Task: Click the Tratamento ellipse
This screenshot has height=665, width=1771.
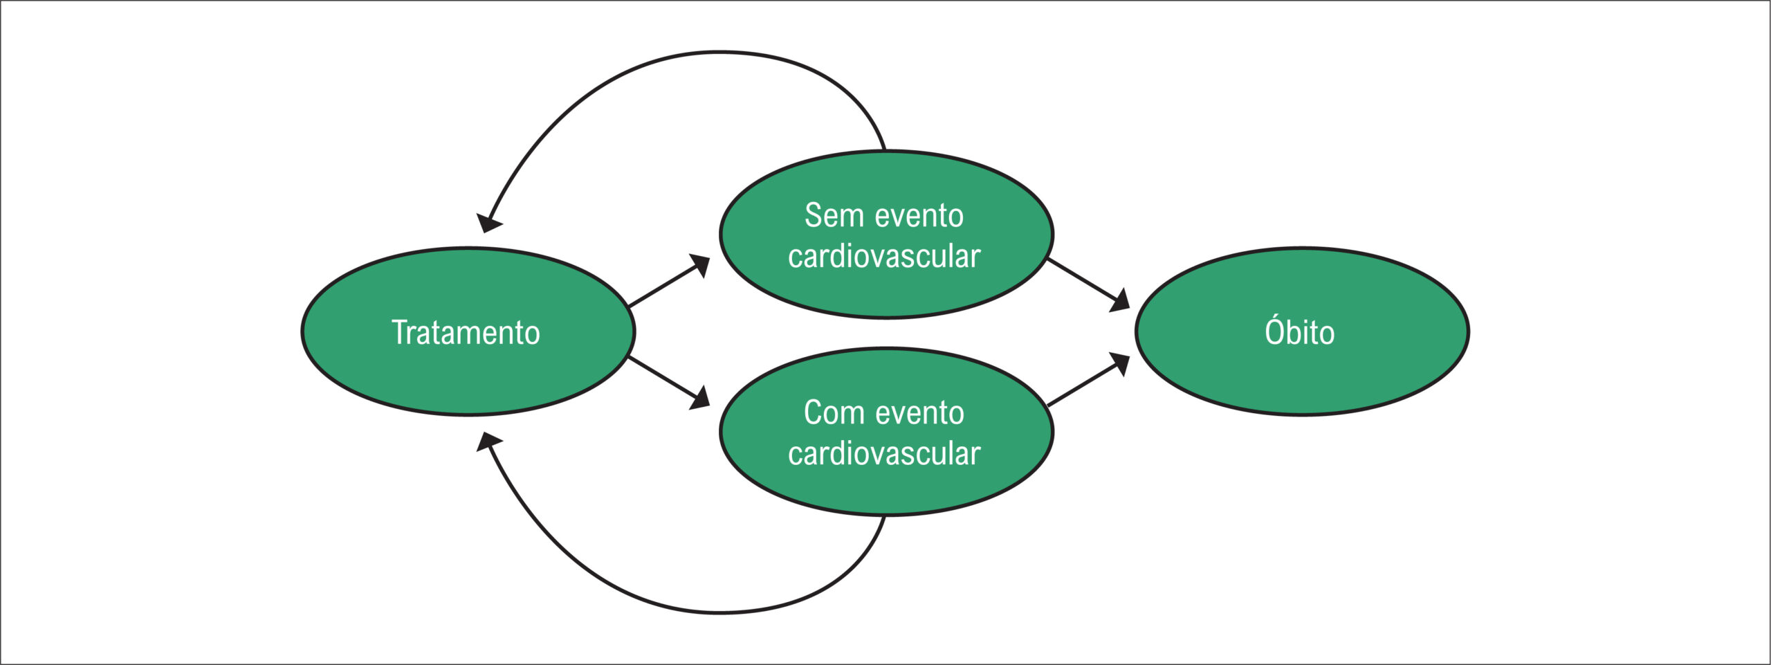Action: tap(468, 331)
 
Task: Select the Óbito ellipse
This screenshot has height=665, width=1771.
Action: tap(1302, 331)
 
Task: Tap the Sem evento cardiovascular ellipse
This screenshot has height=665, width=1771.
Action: tap(886, 235)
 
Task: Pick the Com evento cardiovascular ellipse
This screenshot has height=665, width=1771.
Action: tap(886, 432)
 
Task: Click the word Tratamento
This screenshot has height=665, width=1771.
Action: tap(466, 332)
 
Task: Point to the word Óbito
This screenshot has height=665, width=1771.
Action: tap(1300, 331)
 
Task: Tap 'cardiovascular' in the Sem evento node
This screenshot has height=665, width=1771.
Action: tap(884, 256)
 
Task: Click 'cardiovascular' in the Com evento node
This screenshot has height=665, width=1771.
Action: tap(884, 453)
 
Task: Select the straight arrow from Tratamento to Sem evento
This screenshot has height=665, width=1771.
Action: tap(669, 280)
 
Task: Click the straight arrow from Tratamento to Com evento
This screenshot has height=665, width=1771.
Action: tap(669, 383)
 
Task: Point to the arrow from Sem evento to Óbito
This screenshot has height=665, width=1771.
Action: tap(1088, 285)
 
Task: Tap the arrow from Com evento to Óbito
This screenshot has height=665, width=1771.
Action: tap(1088, 379)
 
